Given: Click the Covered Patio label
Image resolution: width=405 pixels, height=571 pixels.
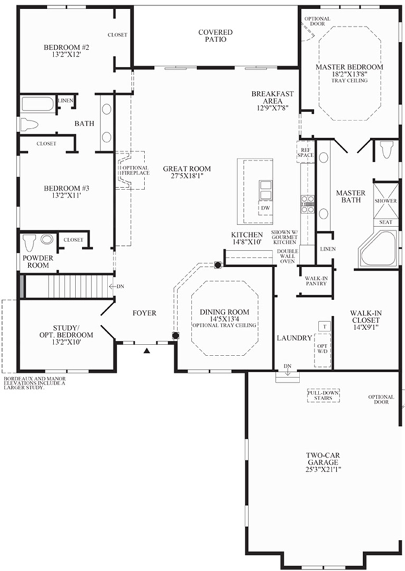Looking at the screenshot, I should (215, 36).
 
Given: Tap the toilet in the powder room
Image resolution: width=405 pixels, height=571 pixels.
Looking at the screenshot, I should (29, 242).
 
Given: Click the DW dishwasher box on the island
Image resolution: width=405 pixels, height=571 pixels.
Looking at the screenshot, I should (265, 207).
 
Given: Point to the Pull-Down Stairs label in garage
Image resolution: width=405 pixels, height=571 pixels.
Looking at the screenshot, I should (325, 395).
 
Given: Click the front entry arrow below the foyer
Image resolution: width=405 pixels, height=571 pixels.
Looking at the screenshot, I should (147, 350).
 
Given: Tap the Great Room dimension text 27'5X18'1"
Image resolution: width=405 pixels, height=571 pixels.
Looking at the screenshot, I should (187, 176).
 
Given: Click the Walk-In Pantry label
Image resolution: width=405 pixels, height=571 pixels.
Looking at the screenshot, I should (316, 281).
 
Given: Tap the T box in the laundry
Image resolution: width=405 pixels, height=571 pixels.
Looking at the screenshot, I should (324, 326).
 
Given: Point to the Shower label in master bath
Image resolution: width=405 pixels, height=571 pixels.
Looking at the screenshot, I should (386, 201).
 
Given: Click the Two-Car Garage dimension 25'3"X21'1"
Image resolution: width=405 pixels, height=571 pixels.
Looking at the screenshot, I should (323, 470).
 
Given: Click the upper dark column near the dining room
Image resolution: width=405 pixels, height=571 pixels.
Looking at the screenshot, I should (217, 265).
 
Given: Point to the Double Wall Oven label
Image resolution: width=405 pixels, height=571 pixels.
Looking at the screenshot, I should (287, 256).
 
